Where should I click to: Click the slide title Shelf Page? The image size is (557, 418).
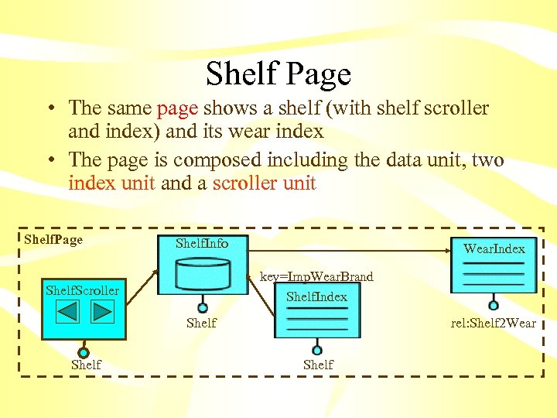278,74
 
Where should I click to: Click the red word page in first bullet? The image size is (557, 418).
177,108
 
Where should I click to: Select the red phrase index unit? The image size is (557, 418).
113,183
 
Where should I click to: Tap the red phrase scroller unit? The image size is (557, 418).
264,183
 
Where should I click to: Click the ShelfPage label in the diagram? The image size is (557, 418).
53,239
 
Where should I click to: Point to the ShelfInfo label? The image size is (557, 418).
202,243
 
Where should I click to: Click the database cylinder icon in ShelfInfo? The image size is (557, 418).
203,272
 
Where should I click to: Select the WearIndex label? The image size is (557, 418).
494,248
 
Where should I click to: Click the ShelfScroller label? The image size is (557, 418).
83,290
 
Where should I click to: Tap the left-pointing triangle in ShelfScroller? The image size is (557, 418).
68,311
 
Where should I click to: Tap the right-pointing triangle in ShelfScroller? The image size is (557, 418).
102,311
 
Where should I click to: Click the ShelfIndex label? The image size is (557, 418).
316,296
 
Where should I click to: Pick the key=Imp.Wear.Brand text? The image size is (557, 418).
316,276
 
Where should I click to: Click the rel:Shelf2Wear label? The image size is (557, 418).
494,323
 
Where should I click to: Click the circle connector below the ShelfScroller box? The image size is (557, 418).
84,352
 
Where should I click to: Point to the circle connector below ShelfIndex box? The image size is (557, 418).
316,350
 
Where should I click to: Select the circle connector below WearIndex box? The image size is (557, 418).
494,305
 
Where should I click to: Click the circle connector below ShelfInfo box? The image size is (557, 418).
203,307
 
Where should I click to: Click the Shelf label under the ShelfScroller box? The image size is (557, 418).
86,365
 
